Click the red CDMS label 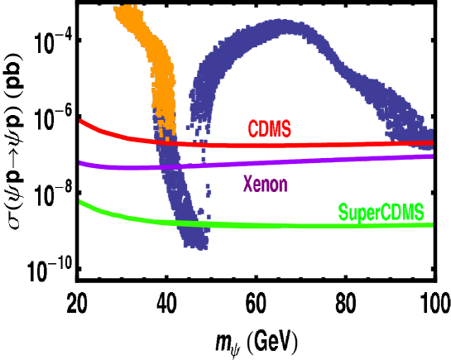(270, 129)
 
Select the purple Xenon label (265, 184)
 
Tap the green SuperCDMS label (381, 213)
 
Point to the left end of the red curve (80, 121)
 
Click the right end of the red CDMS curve (432, 142)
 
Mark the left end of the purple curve (80, 163)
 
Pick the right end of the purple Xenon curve (432, 156)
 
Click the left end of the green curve (80, 201)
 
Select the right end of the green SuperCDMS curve (432, 225)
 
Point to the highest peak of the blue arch (281, 25)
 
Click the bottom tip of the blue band (199, 245)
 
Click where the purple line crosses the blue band (174, 166)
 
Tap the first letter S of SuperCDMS (343, 213)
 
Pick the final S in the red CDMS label (286, 129)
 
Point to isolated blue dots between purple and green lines (208, 194)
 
